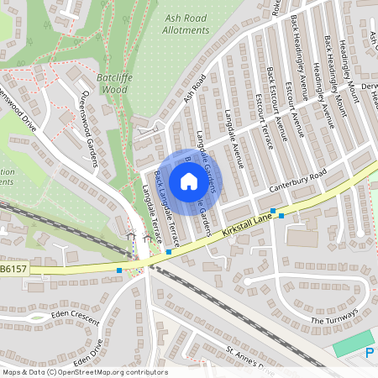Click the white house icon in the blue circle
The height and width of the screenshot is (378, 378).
[189, 180]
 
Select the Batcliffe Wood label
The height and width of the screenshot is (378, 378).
[112, 82]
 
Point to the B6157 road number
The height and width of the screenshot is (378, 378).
[13, 270]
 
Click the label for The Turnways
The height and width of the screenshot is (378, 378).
[335, 315]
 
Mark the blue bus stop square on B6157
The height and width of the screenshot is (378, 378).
[120, 270]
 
